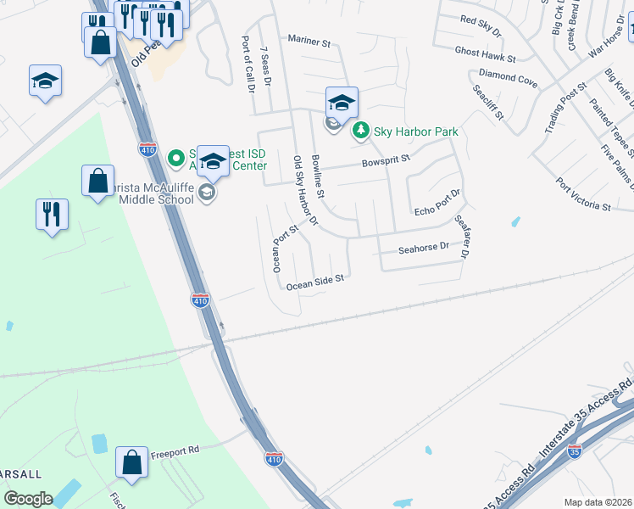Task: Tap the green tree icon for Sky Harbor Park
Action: click(362, 131)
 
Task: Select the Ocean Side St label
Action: click(314, 282)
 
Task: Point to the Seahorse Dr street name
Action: click(423, 247)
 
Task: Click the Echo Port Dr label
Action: click(436, 204)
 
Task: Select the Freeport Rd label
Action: click(175, 452)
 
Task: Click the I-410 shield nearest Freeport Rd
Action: click(273, 458)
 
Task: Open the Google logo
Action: click(28, 498)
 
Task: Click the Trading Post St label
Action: click(566, 109)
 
